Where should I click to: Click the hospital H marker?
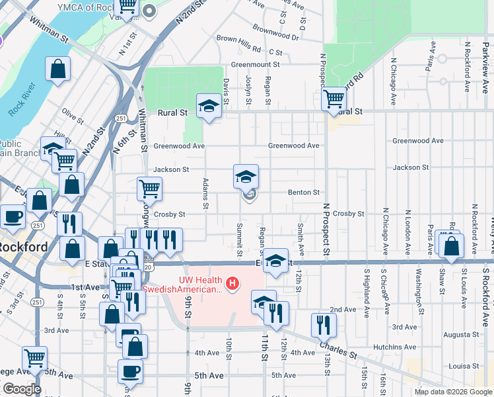click(x=232, y=285)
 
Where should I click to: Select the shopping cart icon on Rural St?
click(x=334, y=99)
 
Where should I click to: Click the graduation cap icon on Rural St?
click(x=209, y=106)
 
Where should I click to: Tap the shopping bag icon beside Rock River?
click(x=58, y=69)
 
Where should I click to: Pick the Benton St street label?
click(x=304, y=193)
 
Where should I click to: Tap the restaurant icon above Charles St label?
click(x=324, y=325)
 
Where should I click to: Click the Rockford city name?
click(x=23, y=247)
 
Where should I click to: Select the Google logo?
click(x=22, y=389)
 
